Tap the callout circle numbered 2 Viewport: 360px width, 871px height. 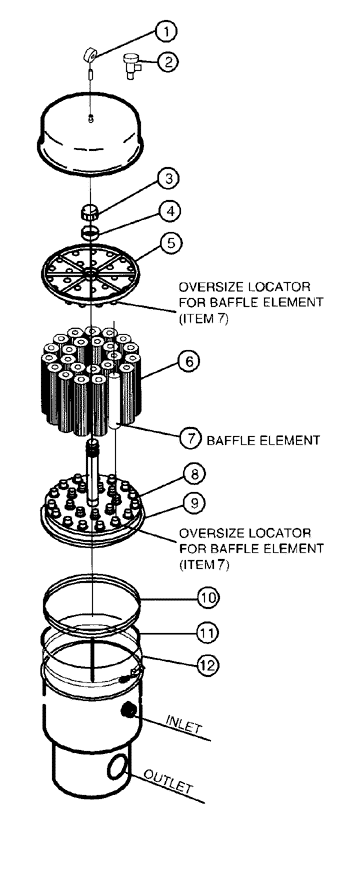pyautogui.click(x=168, y=61)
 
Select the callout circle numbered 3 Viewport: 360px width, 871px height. pyautogui.click(x=169, y=179)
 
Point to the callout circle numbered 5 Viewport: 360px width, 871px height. pyautogui.click(x=170, y=243)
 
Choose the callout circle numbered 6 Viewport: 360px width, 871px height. pyautogui.click(x=189, y=361)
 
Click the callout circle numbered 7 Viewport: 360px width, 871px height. pyautogui.click(x=191, y=439)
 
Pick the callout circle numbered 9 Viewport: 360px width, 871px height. pyautogui.click(x=194, y=503)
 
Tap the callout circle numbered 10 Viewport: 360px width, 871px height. pyautogui.click(x=209, y=598)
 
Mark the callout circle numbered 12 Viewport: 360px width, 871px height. pyautogui.click(x=208, y=665)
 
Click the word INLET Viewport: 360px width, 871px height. pyautogui.click(x=184, y=725)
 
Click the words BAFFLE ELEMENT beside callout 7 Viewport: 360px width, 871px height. pyautogui.click(x=263, y=440)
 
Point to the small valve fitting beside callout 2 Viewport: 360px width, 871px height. pyautogui.click(x=133, y=64)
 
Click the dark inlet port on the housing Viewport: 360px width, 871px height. pyautogui.click(x=129, y=709)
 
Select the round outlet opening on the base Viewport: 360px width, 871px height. pyautogui.click(x=117, y=768)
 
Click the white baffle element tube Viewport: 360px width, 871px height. pyautogui.click(x=114, y=401)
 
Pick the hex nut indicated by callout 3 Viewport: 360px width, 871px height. pyautogui.click(x=89, y=212)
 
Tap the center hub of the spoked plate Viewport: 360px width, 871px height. pyautogui.click(x=89, y=274)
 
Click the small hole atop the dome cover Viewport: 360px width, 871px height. pyautogui.click(x=91, y=117)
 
